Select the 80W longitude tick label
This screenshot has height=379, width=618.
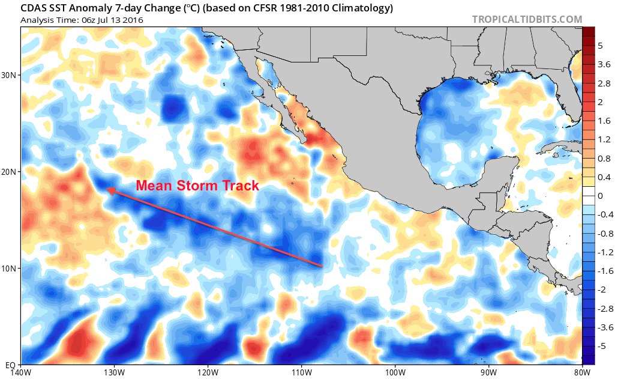[x=580, y=372]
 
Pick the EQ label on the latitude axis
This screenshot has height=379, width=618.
[x=11, y=365]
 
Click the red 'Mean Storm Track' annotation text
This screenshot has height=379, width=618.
[x=197, y=185]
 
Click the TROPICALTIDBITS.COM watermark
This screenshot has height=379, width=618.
[x=527, y=20]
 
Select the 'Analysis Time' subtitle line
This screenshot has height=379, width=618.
[x=76, y=20]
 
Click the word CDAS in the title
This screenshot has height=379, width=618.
[x=35, y=8]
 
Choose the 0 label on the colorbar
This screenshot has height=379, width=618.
[x=600, y=196]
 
